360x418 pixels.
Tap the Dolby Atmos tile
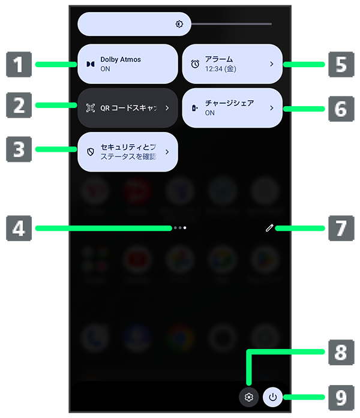tap(128, 64)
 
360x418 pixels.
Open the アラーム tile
tap(232, 64)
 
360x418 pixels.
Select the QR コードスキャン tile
tap(128, 108)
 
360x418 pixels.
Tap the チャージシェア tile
tap(232, 108)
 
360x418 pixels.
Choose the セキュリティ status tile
tap(128, 152)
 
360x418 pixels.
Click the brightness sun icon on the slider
tap(179, 24)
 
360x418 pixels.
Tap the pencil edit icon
tap(270, 228)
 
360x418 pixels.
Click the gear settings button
tap(249, 397)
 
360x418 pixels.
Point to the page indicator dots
tap(179, 228)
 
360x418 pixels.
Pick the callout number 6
tap(340, 109)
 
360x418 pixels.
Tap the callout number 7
tap(340, 228)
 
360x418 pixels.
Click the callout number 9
tap(340, 396)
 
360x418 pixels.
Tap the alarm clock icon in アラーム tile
tap(195, 64)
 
